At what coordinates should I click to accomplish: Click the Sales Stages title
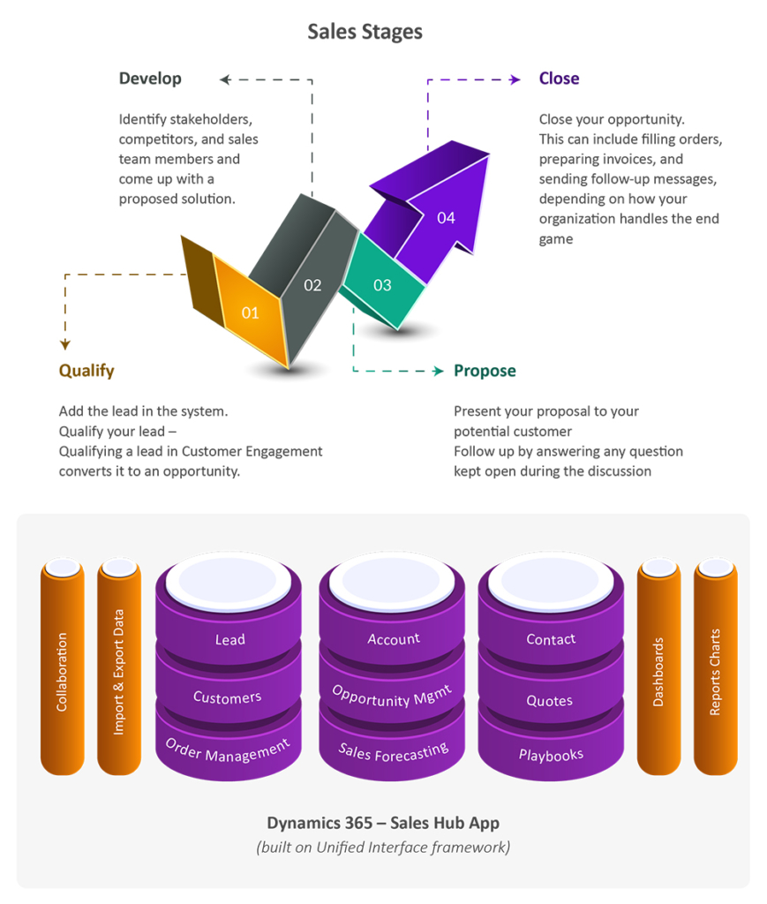pos(365,32)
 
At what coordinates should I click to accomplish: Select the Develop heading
pos(150,79)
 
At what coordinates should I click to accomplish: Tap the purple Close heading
pos(559,79)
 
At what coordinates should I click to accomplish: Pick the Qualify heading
pos(86,371)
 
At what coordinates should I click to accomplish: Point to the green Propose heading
pos(485,371)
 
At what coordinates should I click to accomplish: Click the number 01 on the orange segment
pos(250,313)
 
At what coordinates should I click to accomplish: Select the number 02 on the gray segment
pos(312,285)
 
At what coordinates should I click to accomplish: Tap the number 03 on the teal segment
pos(382,284)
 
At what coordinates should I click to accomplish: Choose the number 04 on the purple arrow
pos(446,217)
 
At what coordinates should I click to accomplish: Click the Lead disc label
pos(229,639)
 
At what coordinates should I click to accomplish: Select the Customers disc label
pos(228,697)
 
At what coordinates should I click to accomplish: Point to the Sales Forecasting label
pos(393,752)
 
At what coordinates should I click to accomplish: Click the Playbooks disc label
pos(551,755)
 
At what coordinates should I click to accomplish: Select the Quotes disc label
pos(550,701)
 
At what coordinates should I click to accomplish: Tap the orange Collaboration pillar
pos(62,671)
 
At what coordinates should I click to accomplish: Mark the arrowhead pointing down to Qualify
pos(65,345)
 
